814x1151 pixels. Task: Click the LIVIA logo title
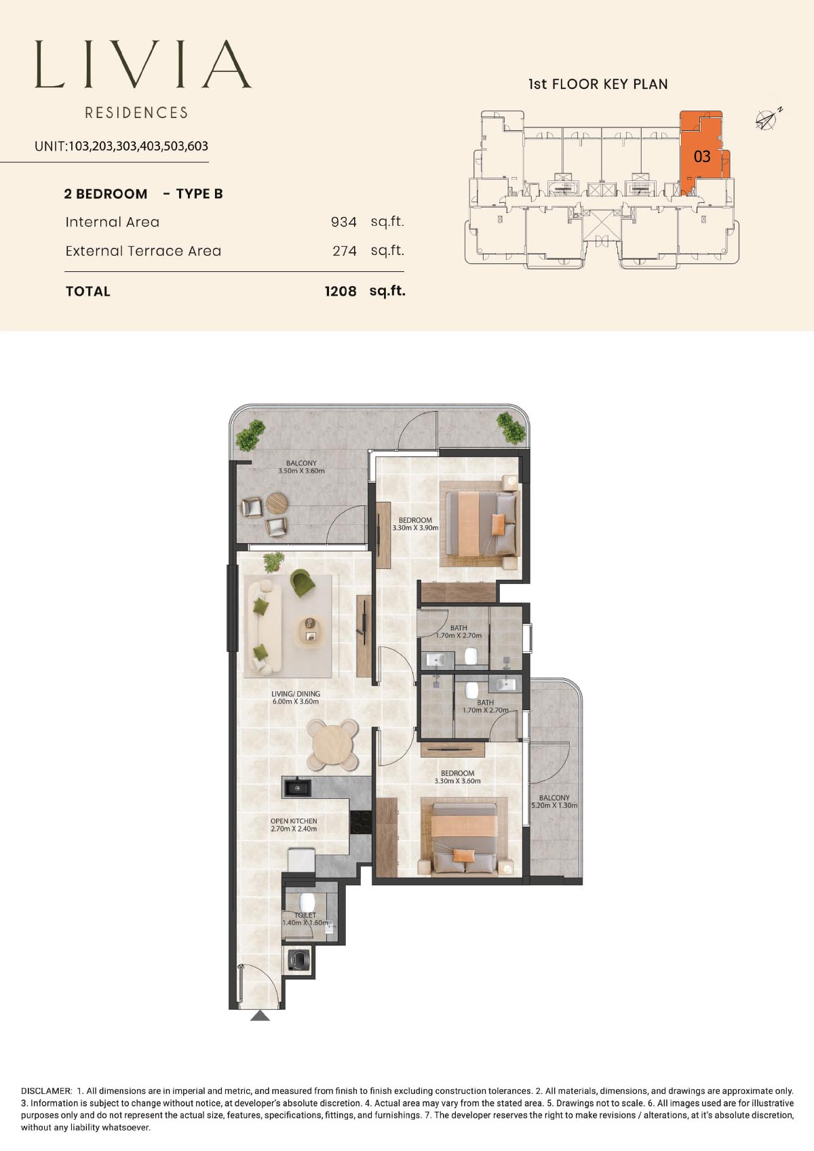[x=143, y=64]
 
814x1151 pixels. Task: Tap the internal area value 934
[x=344, y=222]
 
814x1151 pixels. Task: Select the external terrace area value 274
[x=345, y=251]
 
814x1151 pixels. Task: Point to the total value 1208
[x=341, y=292]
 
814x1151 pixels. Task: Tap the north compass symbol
[x=767, y=120]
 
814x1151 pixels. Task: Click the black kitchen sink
[x=296, y=787]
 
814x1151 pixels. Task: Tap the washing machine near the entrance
[x=298, y=959]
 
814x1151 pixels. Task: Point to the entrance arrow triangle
[x=260, y=1015]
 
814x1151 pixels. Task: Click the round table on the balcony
[x=277, y=503]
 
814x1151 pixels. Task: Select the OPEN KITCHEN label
[x=294, y=821]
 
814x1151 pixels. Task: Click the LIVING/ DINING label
[x=296, y=694]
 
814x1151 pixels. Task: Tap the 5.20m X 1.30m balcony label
[x=554, y=805]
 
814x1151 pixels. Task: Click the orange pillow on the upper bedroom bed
[x=499, y=524]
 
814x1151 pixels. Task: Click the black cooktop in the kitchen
[x=361, y=821]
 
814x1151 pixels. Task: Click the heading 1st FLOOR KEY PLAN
[x=598, y=84]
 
